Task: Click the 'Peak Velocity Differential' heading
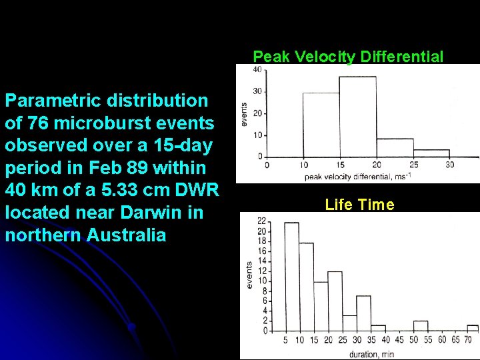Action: (x=348, y=57)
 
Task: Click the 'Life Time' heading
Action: (x=359, y=205)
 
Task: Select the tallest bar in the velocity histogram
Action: (x=357, y=117)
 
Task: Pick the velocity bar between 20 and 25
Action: (x=395, y=147)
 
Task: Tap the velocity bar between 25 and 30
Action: (x=431, y=153)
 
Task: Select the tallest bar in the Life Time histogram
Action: (x=291, y=276)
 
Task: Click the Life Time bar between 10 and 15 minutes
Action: (x=306, y=287)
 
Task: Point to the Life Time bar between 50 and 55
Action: (x=420, y=325)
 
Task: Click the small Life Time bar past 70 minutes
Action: (x=473, y=327)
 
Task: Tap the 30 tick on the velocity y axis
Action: (x=257, y=91)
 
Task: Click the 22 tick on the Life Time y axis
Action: (x=262, y=221)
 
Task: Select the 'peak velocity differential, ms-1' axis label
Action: (x=357, y=177)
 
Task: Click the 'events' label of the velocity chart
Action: (x=244, y=115)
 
